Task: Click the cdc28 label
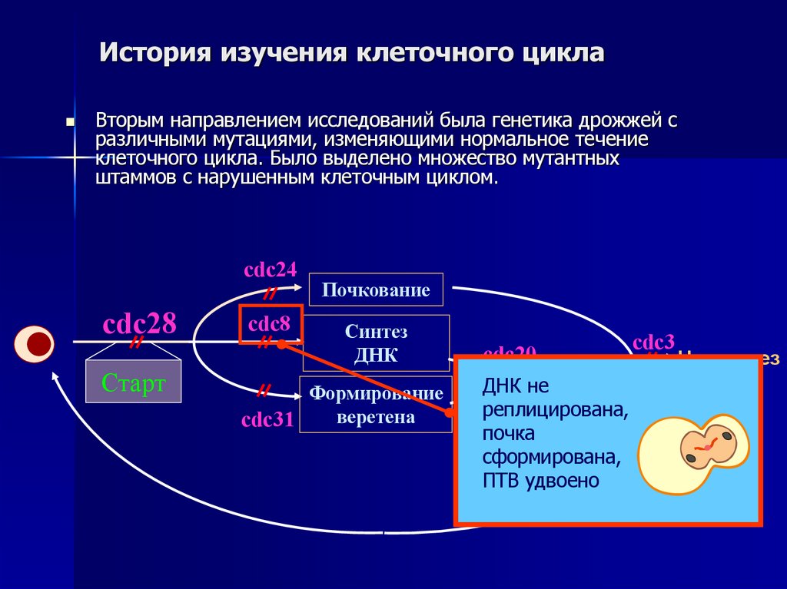click(140, 323)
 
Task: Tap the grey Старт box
click(134, 382)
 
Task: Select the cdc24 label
click(270, 270)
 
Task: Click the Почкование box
click(376, 290)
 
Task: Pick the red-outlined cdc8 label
click(271, 323)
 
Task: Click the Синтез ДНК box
click(376, 343)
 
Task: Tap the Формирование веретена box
click(376, 405)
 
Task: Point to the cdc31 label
click(267, 420)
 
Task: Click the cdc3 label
click(653, 342)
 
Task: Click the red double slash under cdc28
click(137, 342)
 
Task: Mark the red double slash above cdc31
click(263, 391)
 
